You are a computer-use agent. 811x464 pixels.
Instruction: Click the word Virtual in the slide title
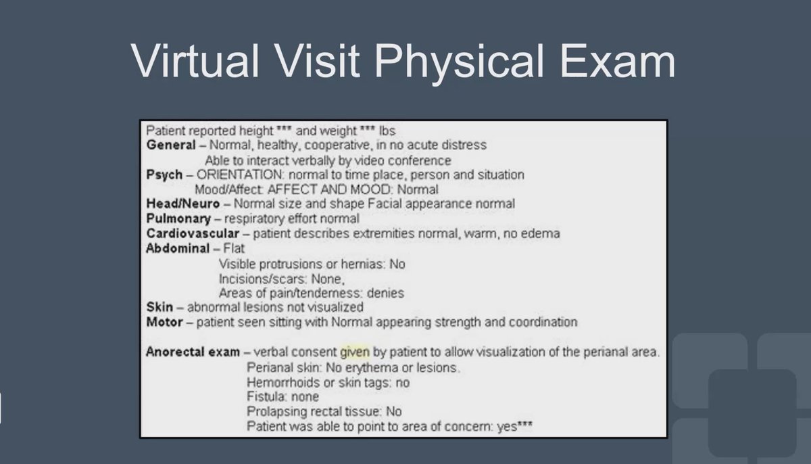[x=195, y=60]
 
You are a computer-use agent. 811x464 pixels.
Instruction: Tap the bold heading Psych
[x=164, y=175]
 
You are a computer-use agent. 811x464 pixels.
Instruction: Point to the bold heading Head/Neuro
[x=182, y=204]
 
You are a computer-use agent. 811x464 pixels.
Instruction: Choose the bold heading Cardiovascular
[x=193, y=233]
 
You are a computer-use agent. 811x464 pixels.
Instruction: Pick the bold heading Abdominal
[x=178, y=248]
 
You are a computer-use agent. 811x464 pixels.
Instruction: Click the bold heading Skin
[x=159, y=307]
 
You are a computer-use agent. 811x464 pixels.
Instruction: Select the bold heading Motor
[x=164, y=322]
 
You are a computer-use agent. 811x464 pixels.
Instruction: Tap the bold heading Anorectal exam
[x=193, y=352]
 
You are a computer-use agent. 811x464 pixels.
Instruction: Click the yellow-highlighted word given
[x=355, y=352]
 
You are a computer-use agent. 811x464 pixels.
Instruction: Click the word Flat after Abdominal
[x=234, y=248]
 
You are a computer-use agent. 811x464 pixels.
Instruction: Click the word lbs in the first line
[x=388, y=131]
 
